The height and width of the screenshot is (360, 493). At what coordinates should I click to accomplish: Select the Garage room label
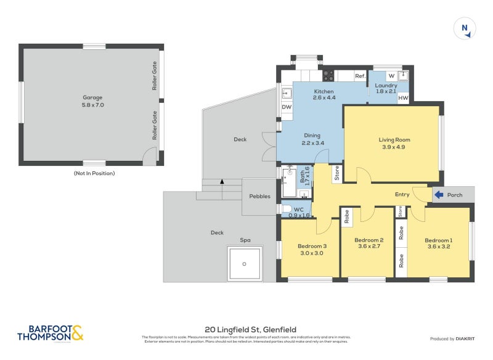pos(92,97)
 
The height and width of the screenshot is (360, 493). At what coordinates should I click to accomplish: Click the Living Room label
pos(394,140)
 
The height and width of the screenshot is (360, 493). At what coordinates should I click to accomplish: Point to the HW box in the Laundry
pos(403,97)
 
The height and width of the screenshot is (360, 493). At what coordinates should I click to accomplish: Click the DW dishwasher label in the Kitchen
pos(287,107)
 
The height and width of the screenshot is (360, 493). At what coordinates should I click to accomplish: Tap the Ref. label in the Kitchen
pos(360,76)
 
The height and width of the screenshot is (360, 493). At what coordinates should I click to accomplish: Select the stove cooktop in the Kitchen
pos(328,76)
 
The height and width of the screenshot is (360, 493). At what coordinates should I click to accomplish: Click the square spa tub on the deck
pos(245,264)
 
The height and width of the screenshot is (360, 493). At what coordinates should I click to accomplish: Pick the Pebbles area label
pos(259,197)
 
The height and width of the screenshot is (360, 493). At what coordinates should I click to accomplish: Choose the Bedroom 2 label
pos(369,240)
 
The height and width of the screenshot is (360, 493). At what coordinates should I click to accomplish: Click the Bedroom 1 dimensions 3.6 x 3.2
pos(438,247)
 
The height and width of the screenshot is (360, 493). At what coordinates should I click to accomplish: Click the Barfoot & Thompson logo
pos(51,333)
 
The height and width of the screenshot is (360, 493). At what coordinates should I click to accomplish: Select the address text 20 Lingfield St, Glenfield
pos(246,330)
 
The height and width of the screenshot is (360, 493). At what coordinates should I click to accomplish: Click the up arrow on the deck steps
pos(221,182)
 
